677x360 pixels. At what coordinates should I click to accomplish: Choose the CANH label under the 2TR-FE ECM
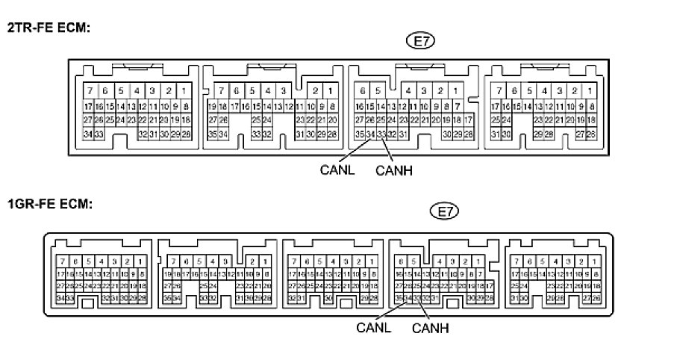(394, 170)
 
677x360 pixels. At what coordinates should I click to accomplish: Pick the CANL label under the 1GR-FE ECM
(372, 326)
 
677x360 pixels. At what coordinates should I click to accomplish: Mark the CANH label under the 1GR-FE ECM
(431, 326)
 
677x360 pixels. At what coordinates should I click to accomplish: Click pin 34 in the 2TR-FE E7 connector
(370, 134)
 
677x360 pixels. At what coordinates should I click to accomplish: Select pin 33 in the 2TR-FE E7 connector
(381, 134)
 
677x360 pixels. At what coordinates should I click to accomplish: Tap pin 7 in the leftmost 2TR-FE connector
(90, 91)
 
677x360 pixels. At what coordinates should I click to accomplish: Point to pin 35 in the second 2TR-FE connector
(213, 134)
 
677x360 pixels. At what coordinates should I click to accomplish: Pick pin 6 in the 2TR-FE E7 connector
(362, 91)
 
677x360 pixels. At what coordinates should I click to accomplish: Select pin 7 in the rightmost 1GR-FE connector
(515, 261)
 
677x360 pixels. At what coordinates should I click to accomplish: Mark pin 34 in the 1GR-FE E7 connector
(408, 299)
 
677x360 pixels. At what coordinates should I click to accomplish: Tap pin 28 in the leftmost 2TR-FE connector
(185, 134)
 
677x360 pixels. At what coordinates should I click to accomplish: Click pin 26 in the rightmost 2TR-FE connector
(591, 134)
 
